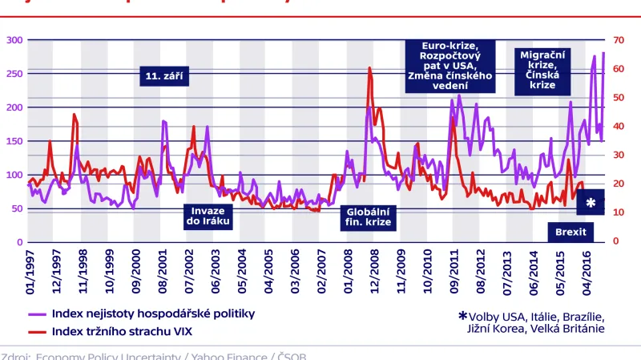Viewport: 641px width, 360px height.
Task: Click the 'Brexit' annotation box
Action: [566, 233]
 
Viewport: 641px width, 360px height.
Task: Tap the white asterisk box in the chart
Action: [591, 204]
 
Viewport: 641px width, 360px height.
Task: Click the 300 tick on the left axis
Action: [14, 39]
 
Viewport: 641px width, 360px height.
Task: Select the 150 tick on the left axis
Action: [14, 141]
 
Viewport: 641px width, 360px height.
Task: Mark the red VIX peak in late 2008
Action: [369, 69]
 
